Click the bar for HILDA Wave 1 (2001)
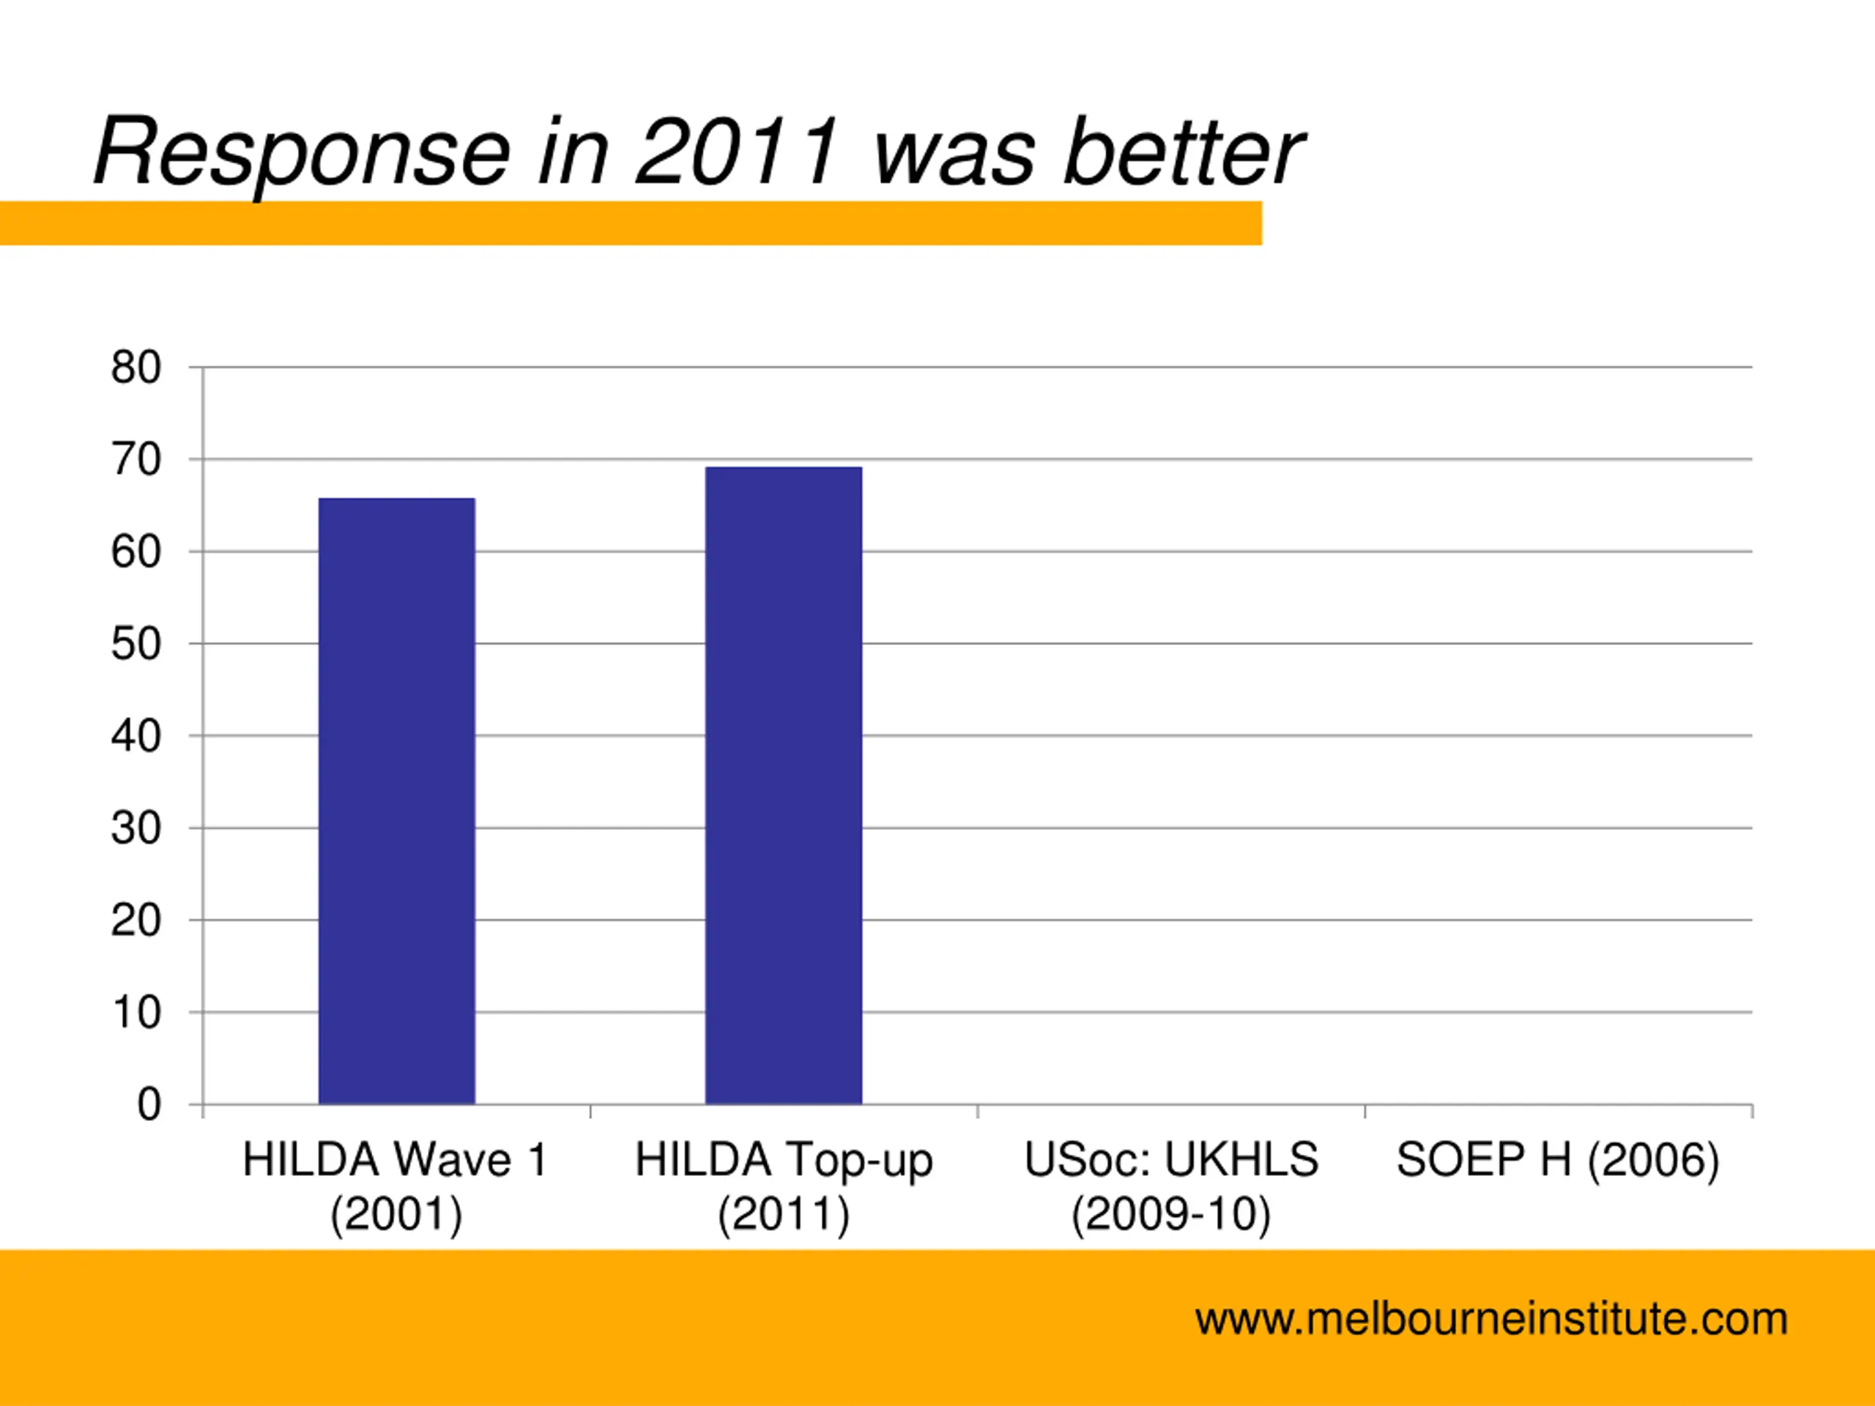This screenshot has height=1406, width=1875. tap(397, 801)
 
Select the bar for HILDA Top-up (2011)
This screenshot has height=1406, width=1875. tap(783, 785)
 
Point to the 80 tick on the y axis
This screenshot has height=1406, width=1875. tap(135, 368)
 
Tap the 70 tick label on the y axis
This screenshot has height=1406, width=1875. tap(135, 460)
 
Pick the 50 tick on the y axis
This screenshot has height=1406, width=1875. tap(135, 644)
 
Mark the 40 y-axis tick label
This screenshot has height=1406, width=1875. tap(135, 737)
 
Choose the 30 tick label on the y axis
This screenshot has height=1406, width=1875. tap(135, 828)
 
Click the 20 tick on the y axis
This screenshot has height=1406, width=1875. tap(135, 920)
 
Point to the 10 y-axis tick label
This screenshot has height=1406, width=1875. tap(135, 1013)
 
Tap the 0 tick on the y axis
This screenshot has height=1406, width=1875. tap(149, 1105)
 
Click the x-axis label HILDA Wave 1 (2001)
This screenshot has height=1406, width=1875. tap(396, 1186)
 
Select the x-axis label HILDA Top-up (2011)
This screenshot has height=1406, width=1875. tap(783, 1186)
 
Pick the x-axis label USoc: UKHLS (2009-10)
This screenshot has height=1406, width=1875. tap(1170, 1186)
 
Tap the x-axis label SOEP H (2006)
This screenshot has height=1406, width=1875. tap(1558, 1160)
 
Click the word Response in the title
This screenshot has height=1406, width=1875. tap(302, 152)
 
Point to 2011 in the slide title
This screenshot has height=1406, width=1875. tap(738, 152)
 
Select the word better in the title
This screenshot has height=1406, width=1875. tap(1184, 152)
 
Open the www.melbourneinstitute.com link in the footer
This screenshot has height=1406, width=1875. tap(1491, 1320)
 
